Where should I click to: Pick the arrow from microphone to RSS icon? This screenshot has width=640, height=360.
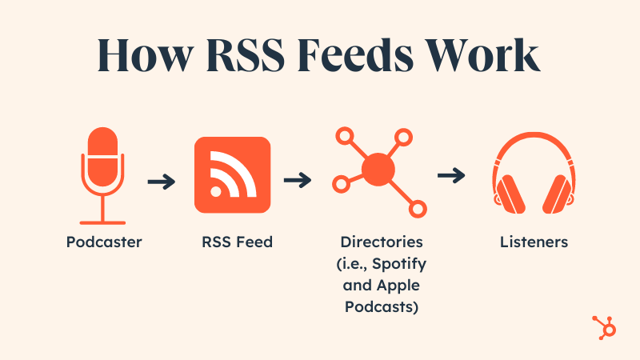pos(162,182)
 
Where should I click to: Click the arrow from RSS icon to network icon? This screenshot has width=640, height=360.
pos(298,181)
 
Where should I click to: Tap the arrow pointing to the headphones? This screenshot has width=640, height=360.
pos(452,174)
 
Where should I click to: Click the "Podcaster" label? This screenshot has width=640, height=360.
pos(103,242)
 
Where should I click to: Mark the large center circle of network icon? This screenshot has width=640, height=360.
pos(378,168)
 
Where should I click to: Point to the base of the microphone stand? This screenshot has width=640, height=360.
pos(102,220)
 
